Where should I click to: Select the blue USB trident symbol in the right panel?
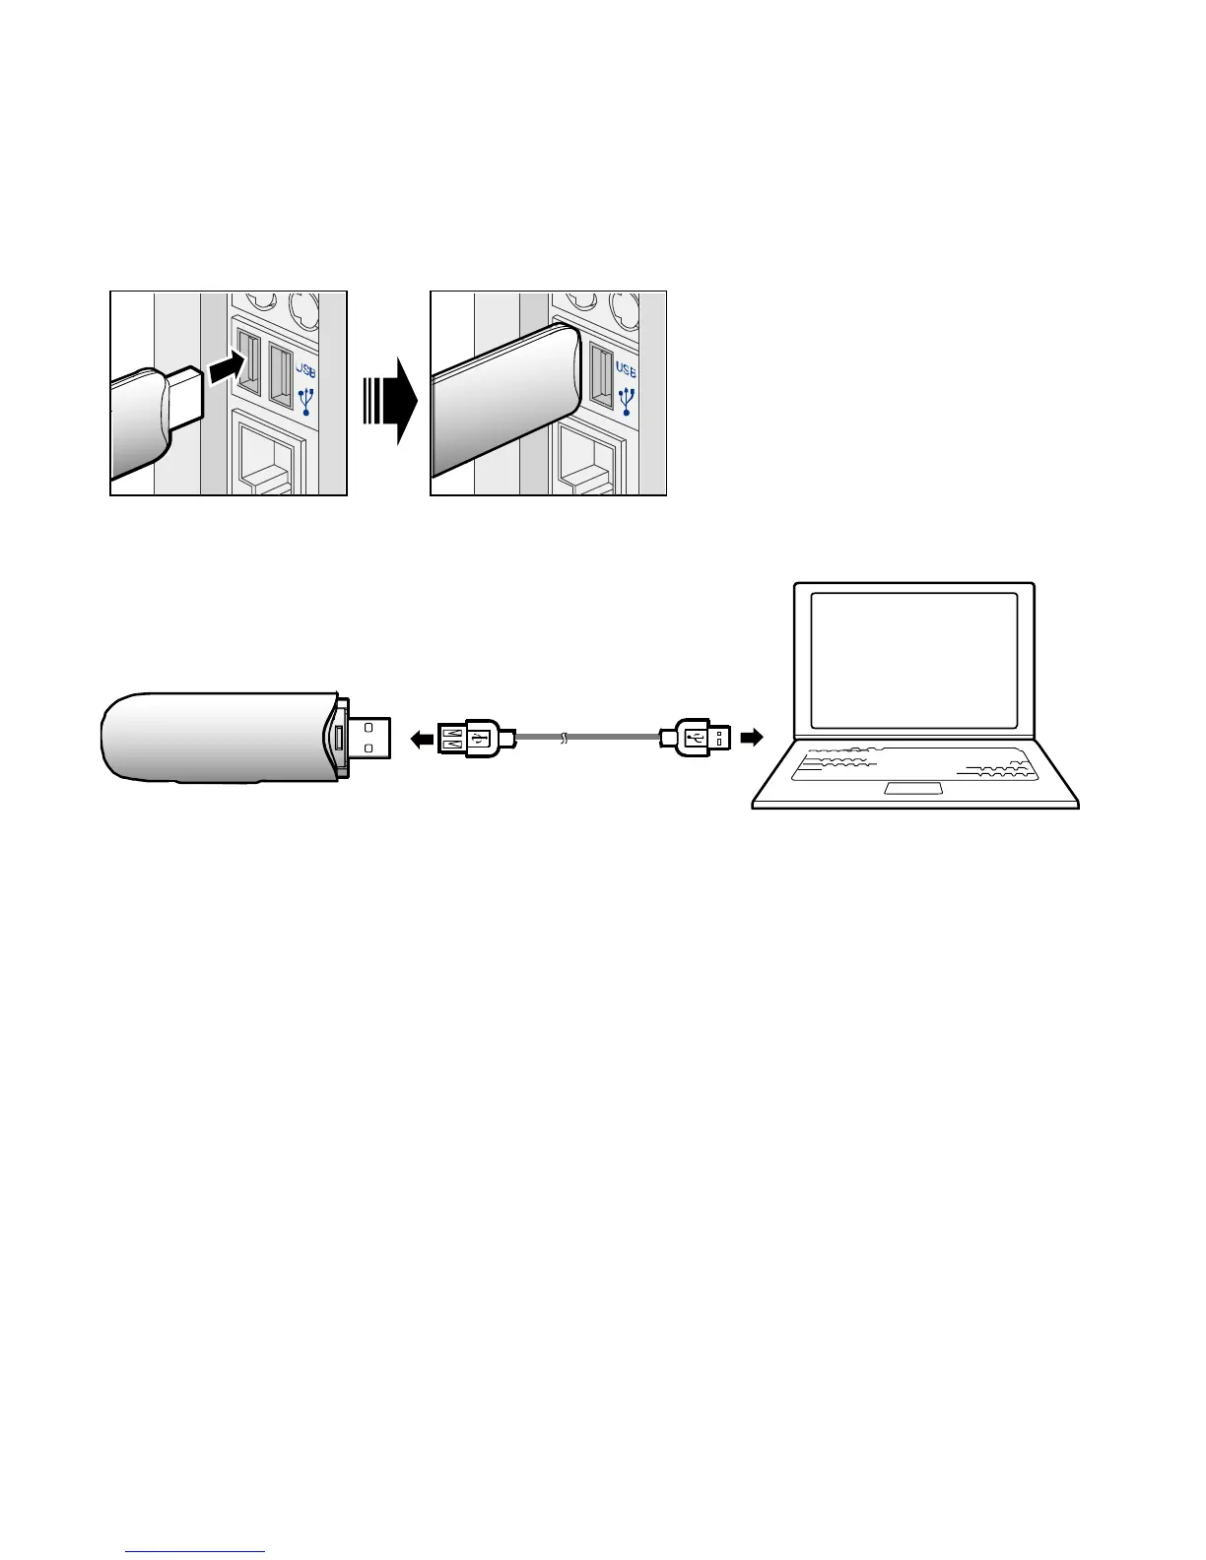tap(627, 400)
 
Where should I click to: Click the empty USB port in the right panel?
tap(599, 374)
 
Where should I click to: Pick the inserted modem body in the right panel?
tap(502, 404)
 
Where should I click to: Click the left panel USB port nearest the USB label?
tap(281, 375)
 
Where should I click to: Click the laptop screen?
tap(913, 660)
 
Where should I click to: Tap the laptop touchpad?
tap(913, 788)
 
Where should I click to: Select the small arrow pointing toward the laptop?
tap(752, 737)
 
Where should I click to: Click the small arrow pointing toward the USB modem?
tap(422, 738)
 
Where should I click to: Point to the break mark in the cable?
tap(564, 738)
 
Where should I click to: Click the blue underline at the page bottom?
tap(197, 1553)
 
